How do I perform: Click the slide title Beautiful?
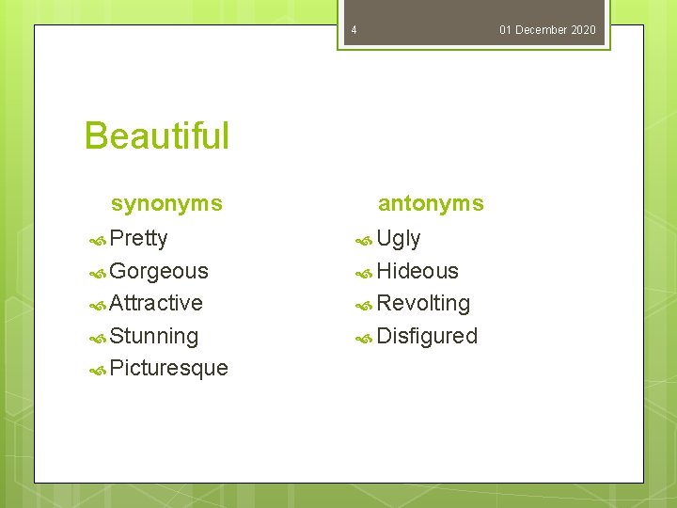[x=156, y=135]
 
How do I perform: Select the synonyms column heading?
[x=166, y=203]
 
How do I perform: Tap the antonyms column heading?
[x=431, y=203]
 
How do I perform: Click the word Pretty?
[x=138, y=238]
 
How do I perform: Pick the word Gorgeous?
[x=159, y=271]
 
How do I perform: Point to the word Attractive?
[x=156, y=303]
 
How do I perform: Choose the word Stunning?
[x=153, y=336]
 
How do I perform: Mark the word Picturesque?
[x=168, y=368]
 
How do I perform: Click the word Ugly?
[x=399, y=238]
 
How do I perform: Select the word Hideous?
[x=417, y=271]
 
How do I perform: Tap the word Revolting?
[x=423, y=303]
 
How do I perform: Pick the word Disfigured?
[x=427, y=336]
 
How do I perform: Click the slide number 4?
[x=354, y=30]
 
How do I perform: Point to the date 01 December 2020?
[x=547, y=30]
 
